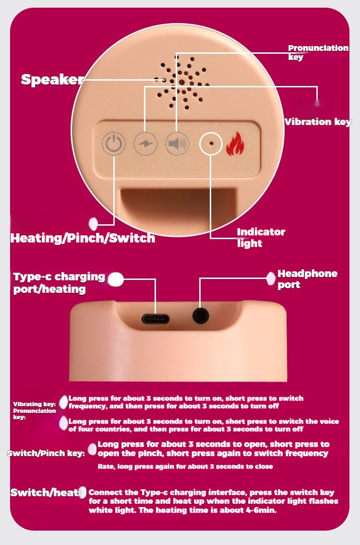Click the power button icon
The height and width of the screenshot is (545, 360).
pos(114,143)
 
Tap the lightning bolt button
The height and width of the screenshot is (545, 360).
pos(145,143)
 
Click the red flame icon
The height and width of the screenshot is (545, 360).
pos(235,143)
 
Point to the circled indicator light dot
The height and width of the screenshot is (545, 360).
pos(211,143)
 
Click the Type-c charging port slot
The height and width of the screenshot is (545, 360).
pos(156,318)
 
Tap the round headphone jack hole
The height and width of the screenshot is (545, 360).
pos(201,316)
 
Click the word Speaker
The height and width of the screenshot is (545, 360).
pos(52,80)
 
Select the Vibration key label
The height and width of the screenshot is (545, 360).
pos(318,122)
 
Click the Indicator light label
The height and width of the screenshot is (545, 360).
pos(261,237)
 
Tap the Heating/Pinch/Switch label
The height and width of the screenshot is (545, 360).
pos(83,238)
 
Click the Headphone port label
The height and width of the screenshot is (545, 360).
pos(308,279)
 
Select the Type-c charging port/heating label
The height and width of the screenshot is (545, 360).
pos(59,282)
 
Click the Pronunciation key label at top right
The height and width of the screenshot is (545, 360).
pos(318,52)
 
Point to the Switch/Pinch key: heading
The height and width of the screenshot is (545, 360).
pos(46,453)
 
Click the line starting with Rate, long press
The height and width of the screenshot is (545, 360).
pos(185,466)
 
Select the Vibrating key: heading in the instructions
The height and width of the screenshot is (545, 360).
pos(35,404)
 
